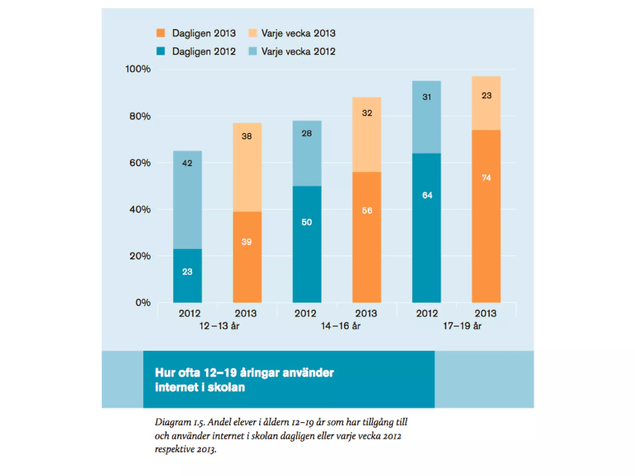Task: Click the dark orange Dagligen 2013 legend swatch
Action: (161, 33)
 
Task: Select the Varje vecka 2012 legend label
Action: (298, 51)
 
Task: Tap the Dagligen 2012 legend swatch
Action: (161, 51)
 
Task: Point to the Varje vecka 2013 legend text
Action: (298, 33)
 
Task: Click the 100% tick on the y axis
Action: (138, 69)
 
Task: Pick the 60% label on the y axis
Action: (140, 163)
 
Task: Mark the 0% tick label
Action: (143, 302)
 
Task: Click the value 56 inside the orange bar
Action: (367, 211)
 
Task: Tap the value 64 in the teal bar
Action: (427, 195)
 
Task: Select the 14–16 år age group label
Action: (340, 326)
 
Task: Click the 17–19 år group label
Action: (462, 326)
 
